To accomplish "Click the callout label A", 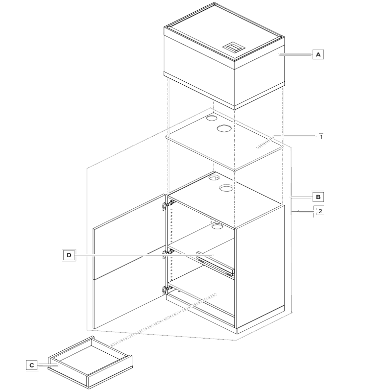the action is click(318, 54).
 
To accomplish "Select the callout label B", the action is click(318, 197).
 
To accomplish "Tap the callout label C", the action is click(31, 365).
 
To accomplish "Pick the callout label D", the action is click(69, 255).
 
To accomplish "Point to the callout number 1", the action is click(321, 137).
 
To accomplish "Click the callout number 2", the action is click(320, 211).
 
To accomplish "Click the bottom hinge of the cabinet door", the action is click(168, 290).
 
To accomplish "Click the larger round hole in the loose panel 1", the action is click(224, 128).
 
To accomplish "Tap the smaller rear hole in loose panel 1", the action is click(212, 118).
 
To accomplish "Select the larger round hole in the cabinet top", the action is click(227, 188).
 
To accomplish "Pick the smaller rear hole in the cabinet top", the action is click(214, 178).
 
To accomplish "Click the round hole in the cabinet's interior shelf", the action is click(218, 226).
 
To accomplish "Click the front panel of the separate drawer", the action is click(109, 372).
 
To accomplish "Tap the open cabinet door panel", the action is click(129, 261).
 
